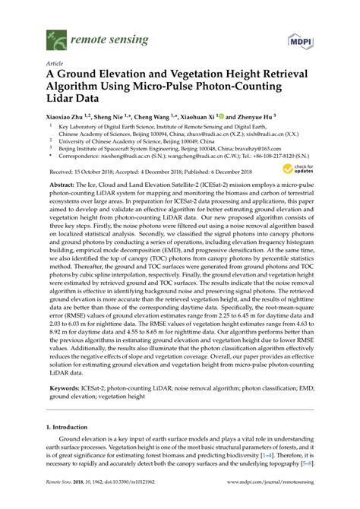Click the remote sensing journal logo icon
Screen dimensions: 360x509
tap(55, 35)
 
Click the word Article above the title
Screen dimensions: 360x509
tap(54, 65)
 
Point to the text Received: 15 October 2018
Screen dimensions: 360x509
tap(83, 172)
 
